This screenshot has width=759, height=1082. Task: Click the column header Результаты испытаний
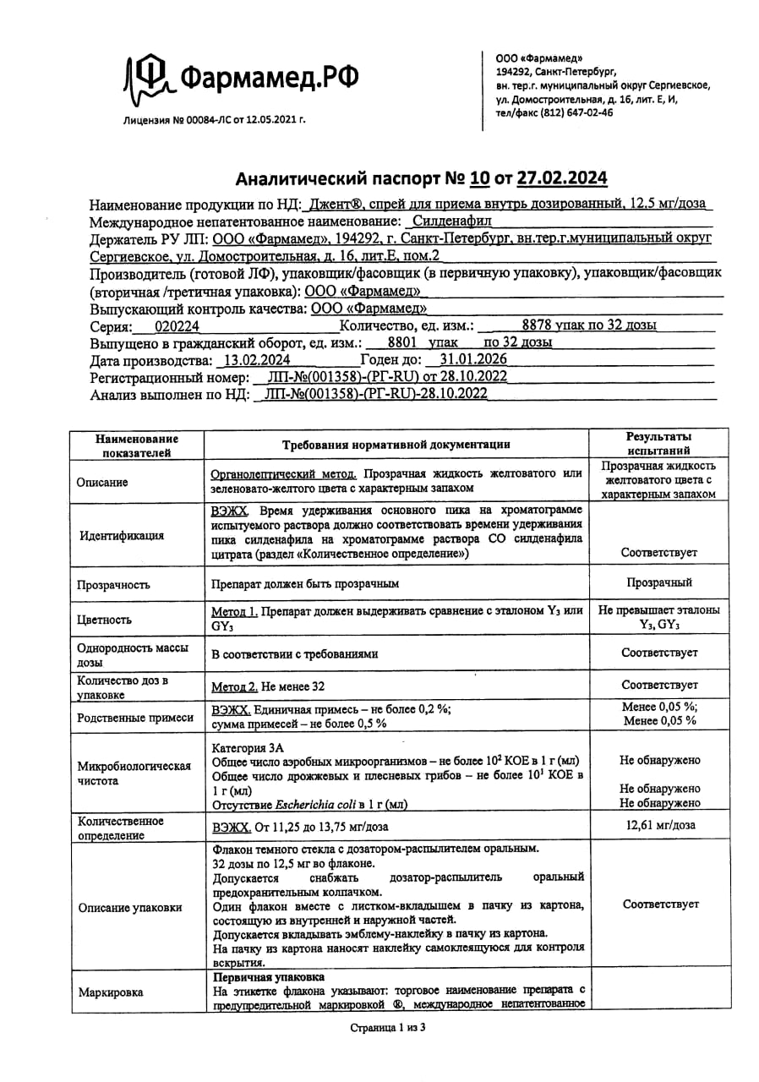[658, 444]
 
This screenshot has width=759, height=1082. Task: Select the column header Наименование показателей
[136, 445]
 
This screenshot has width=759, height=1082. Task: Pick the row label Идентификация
[123, 535]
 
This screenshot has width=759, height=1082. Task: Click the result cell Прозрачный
[659, 583]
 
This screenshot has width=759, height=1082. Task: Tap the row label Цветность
[105, 620]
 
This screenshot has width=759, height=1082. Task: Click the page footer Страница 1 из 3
[388, 1029]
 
